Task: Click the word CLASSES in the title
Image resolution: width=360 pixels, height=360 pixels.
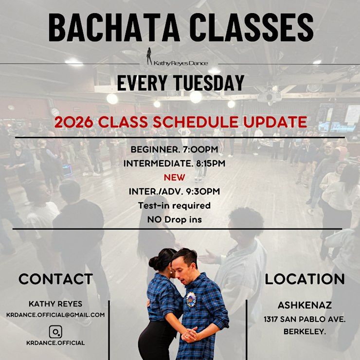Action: pyautogui.click(x=252, y=28)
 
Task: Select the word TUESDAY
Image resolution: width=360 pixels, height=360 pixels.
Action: pyautogui.click(x=209, y=83)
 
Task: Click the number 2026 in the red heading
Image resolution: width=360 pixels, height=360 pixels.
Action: pyautogui.click(x=73, y=122)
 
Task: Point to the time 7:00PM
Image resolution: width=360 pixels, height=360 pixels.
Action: pyautogui.click(x=200, y=149)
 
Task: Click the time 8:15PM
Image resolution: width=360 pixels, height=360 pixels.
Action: pyautogui.click(x=211, y=163)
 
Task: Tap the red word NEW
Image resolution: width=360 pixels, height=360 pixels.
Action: pyautogui.click(x=175, y=178)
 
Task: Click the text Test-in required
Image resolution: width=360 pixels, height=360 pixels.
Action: pyautogui.click(x=174, y=205)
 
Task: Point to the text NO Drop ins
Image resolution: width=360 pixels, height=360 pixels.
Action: pyautogui.click(x=175, y=220)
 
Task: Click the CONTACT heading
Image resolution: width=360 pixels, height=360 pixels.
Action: pyautogui.click(x=55, y=279)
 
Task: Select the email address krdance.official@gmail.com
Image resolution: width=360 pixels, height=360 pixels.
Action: pyautogui.click(x=55, y=315)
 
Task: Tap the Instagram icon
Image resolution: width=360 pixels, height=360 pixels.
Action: pyautogui.click(x=55, y=332)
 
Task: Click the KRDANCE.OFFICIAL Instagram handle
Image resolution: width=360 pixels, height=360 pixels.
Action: pyautogui.click(x=55, y=343)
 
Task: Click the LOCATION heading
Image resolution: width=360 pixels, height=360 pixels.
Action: pyautogui.click(x=305, y=279)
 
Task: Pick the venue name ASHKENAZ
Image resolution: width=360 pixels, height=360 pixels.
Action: pyautogui.click(x=305, y=305)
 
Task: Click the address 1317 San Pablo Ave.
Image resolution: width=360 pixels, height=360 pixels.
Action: pyautogui.click(x=305, y=319)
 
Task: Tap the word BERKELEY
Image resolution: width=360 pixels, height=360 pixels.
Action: pyautogui.click(x=305, y=331)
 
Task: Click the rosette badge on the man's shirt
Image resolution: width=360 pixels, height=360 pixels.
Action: pyautogui.click(x=191, y=299)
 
